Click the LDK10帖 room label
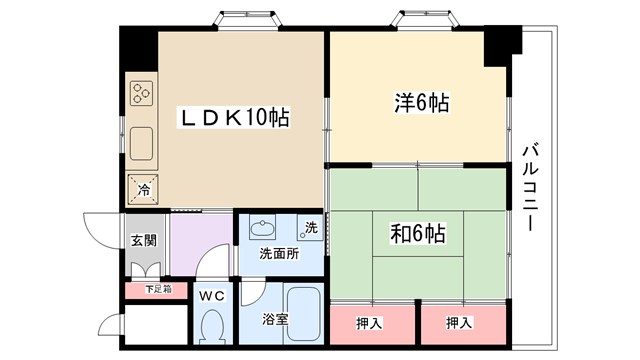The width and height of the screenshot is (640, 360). click(234, 118)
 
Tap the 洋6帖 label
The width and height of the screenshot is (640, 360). click(422, 102)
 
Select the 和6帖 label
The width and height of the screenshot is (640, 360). click(418, 233)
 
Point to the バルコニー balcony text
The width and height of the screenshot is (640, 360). click(531, 187)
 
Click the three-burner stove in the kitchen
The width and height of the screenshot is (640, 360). click(141, 93)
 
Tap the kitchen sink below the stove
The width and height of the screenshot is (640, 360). click(141, 143)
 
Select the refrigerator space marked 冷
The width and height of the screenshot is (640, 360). click(142, 189)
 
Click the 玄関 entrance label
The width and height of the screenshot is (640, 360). click(144, 240)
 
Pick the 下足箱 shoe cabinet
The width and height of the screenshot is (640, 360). click(156, 290)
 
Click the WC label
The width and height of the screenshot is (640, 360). click(212, 296)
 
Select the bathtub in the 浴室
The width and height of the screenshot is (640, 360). click(303, 313)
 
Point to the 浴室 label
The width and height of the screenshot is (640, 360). click(275, 319)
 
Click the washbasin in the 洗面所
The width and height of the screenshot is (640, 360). click(262, 228)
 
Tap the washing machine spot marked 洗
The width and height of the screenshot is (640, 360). click(309, 227)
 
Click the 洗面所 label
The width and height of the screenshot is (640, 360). click(279, 254)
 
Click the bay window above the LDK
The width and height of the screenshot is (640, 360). click(249, 20)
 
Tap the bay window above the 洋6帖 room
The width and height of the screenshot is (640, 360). click(425, 20)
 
